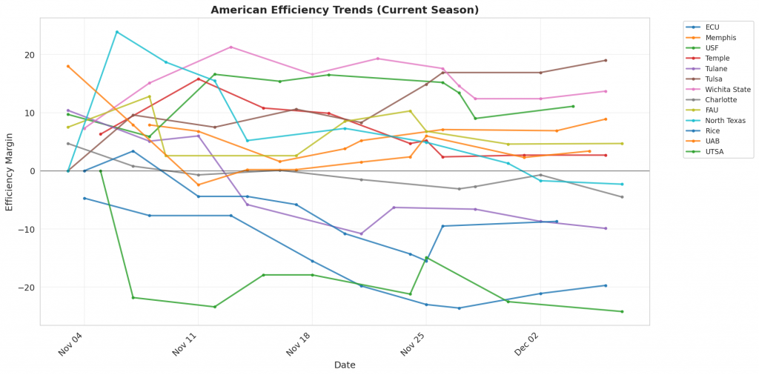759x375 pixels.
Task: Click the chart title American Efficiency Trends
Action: [345, 10]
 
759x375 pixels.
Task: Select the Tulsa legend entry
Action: [715, 79]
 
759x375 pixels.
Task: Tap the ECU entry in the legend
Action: [713, 26]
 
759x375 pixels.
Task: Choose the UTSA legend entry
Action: [715, 152]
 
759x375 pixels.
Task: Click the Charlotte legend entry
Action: [718, 99]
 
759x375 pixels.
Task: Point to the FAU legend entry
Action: [713, 110]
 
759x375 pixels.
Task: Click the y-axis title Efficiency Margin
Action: [10, 171]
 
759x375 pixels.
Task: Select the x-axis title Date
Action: [345, 365]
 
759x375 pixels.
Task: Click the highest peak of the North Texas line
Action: [116, 32]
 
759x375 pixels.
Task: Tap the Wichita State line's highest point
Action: [231, 47]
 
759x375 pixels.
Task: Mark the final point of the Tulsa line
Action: [606, 60]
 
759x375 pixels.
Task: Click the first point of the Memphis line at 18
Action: [68, 66]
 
